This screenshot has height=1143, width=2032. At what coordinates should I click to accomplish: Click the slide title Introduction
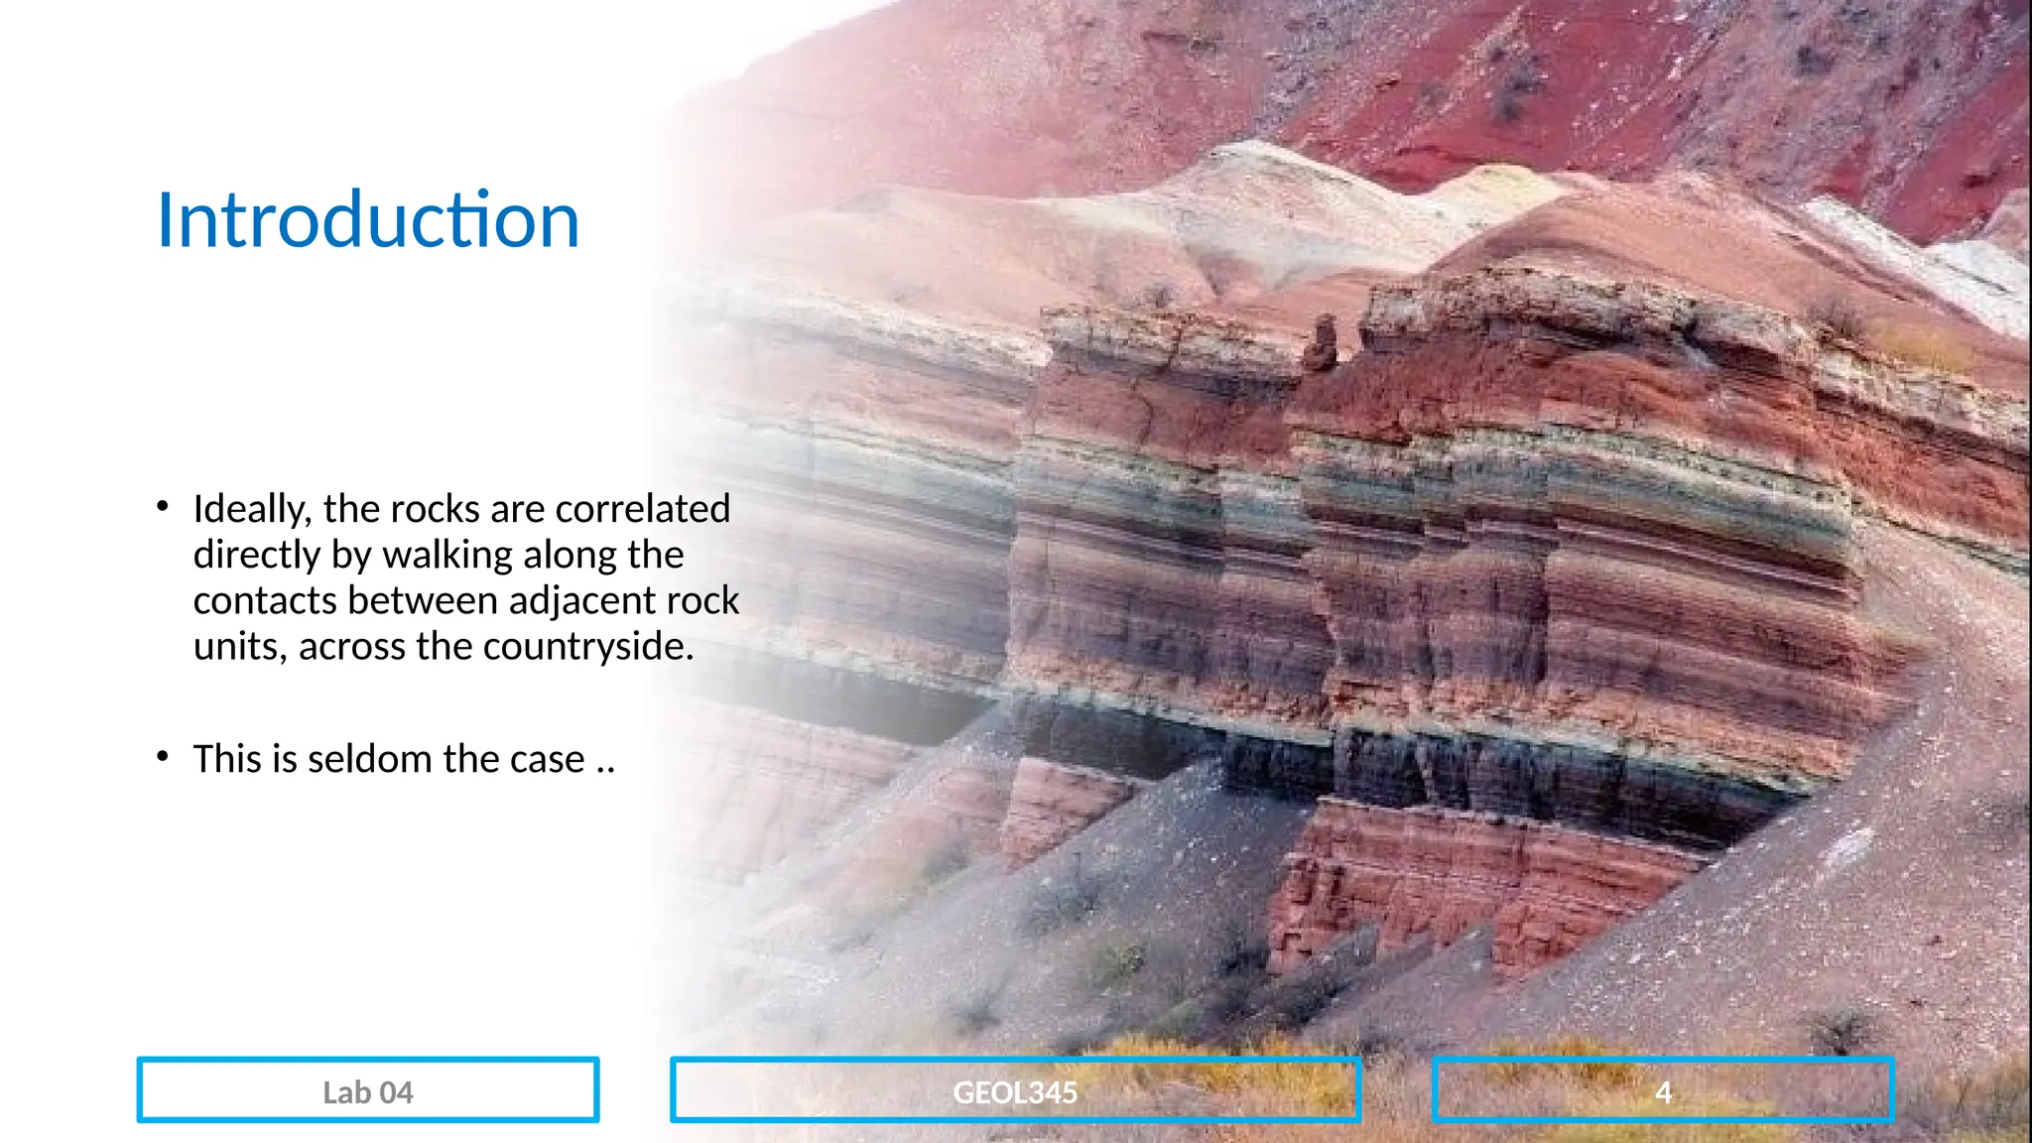click(368, 219)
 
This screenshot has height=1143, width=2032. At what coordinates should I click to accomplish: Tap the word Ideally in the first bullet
click(252, 510)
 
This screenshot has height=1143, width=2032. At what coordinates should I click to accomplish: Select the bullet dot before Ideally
click(163, 507)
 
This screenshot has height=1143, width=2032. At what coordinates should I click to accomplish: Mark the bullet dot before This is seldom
click(163, 757)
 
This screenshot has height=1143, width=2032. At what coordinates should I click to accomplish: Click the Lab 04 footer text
click(368, 1092)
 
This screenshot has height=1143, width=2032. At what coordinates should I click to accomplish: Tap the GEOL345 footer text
click(1015, 1092)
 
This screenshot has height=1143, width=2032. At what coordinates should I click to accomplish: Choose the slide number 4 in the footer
click(1664, 1092)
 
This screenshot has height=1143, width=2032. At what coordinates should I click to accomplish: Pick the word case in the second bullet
click(547, 759)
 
